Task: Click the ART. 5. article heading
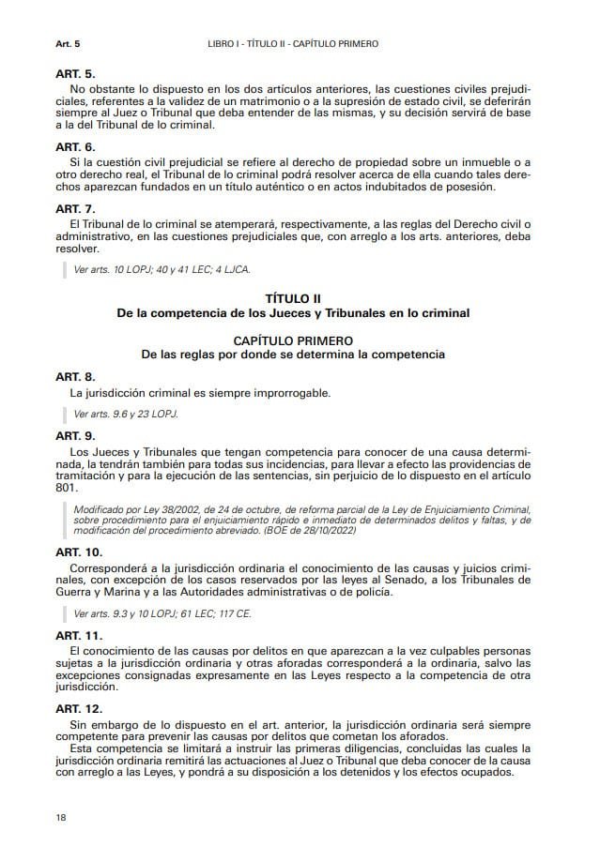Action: [x=75, y=73]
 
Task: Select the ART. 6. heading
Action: [x=75, y=147]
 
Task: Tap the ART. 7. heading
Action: [x=75, y=208]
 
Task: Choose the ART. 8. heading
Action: [x=75, y=376]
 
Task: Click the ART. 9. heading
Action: [x=75, y=436]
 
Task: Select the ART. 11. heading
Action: [x=79, y=635]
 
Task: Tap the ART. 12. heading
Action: [x=79, y=708]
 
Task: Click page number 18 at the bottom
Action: [x=61, y=818]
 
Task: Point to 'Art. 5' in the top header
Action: [x=68, y=44]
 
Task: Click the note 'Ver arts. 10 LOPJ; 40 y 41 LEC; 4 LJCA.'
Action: [x=162, y=269]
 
